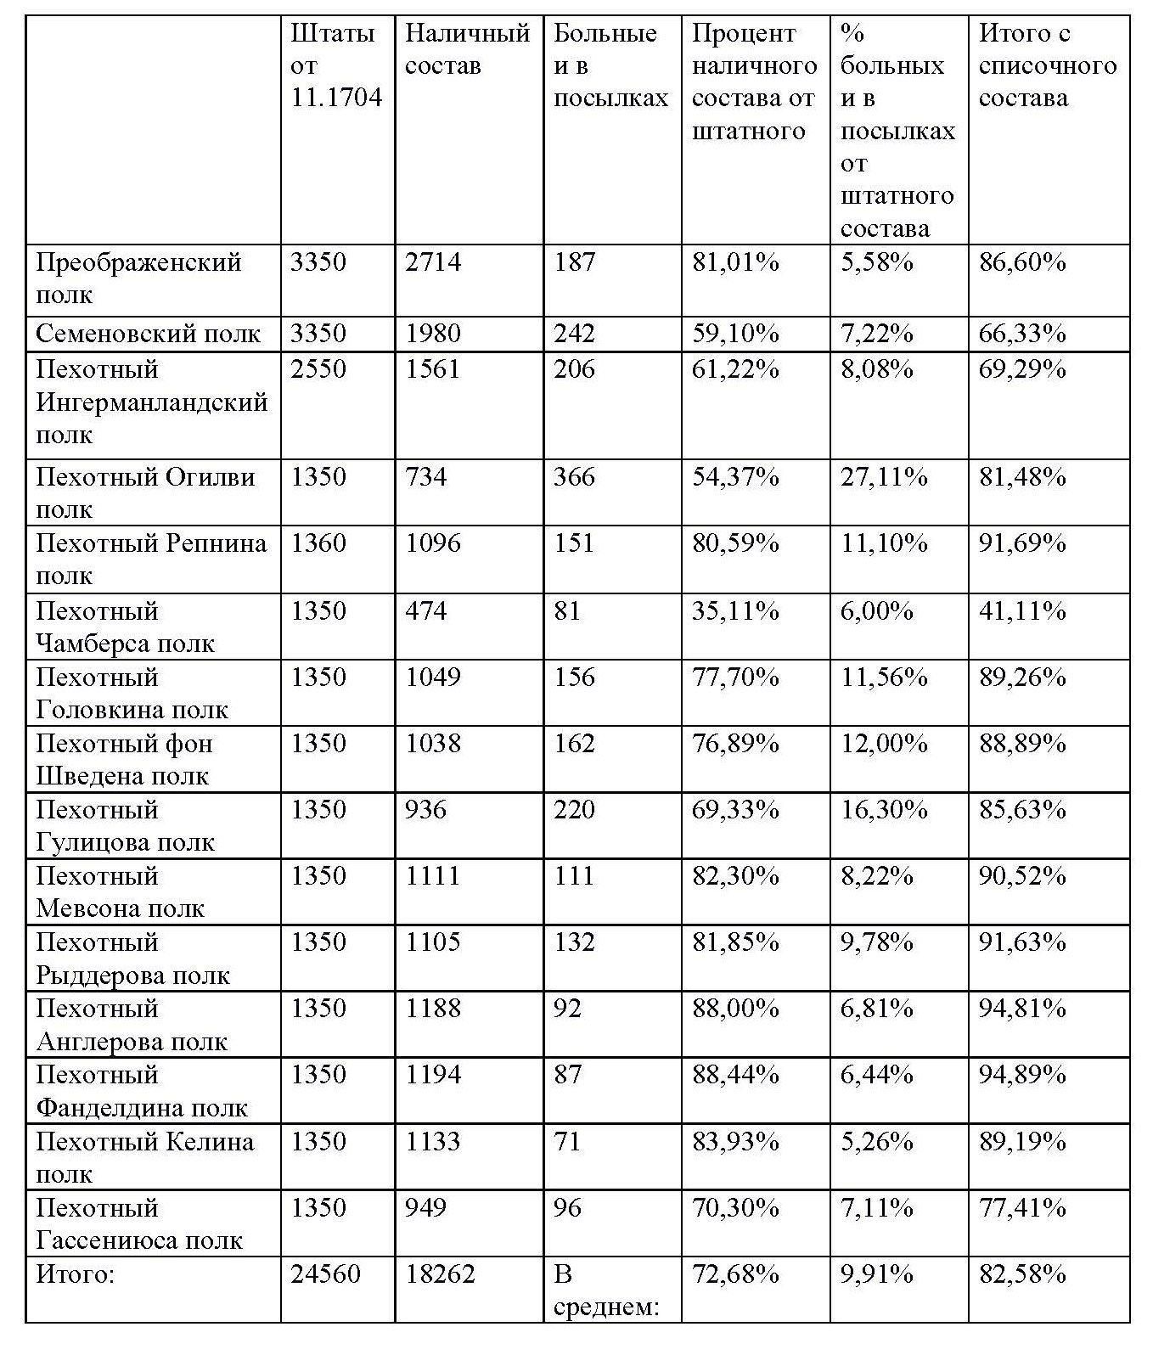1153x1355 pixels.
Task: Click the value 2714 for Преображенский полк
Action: (433, 262)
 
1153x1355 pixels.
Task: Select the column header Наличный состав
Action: (467, 49)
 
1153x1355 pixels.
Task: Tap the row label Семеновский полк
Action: (148, 334)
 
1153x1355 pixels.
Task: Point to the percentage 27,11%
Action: (884, 477)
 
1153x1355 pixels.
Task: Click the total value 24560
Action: (325, 1274)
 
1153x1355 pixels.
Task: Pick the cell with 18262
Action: (440, 1274)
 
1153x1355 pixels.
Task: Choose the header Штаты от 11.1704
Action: (336, 65)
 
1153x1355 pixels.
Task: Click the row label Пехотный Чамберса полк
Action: (126, 627)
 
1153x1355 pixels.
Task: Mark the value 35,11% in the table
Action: (735, 611)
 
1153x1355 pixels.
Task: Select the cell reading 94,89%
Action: (1022, 1075)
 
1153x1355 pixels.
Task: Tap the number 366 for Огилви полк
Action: (575, 477)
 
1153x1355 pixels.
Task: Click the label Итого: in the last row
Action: (75, 1274)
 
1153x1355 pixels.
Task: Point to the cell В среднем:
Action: (606, 1290)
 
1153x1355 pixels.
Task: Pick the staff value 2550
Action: (318, 369)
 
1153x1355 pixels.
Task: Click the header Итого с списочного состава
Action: (1048, 65)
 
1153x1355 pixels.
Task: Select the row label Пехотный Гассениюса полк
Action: (139, 1224)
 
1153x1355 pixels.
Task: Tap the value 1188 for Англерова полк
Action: (433, 1009)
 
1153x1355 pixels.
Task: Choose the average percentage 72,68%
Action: (735, 1274)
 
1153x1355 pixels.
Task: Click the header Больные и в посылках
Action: (610, 65)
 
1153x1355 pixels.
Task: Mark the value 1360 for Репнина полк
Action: (318, 543)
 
